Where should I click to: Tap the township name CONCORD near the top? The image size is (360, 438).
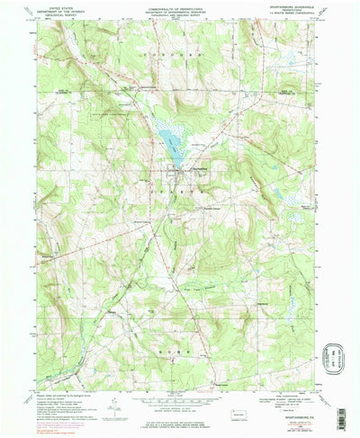pyautogui.click(x=180, y=64)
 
